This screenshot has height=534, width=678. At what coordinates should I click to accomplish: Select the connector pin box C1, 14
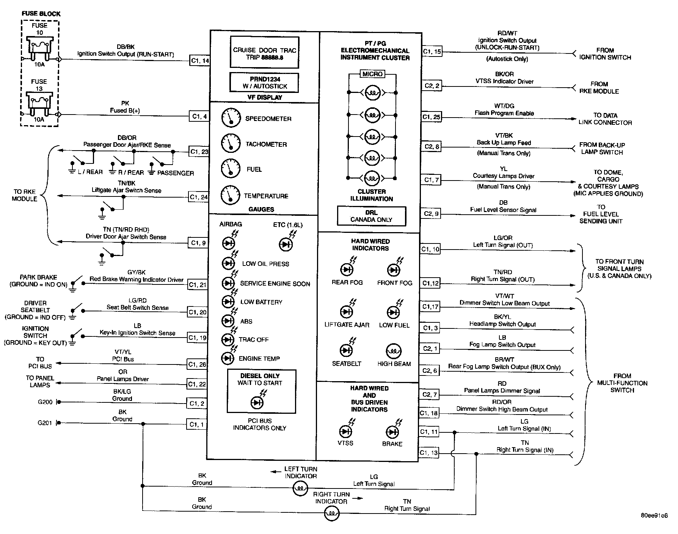point(200,61)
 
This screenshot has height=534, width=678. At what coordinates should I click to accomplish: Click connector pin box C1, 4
point(199,116)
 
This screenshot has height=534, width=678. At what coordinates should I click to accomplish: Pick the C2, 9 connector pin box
point(431,214)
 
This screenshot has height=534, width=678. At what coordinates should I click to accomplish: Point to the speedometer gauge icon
point(231,118)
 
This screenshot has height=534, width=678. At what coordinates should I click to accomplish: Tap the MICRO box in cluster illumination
point(372,74)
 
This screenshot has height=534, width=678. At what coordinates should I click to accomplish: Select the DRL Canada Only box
point(371,216)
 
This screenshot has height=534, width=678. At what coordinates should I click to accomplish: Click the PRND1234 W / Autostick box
point(264,83)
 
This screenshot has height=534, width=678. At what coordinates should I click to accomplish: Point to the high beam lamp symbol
point(394,351)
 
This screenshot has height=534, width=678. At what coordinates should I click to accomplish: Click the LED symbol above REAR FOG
point(347,270)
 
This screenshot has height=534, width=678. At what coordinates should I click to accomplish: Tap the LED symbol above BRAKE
point(392,432)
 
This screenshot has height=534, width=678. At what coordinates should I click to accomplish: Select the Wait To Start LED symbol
point(257,402)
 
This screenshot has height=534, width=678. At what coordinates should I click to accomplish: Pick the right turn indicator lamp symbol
point(332,514)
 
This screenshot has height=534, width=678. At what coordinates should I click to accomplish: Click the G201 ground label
point(45,422)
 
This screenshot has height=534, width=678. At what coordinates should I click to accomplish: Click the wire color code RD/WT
point(507,33)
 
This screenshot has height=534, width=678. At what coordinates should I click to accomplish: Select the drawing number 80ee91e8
point(654,516)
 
